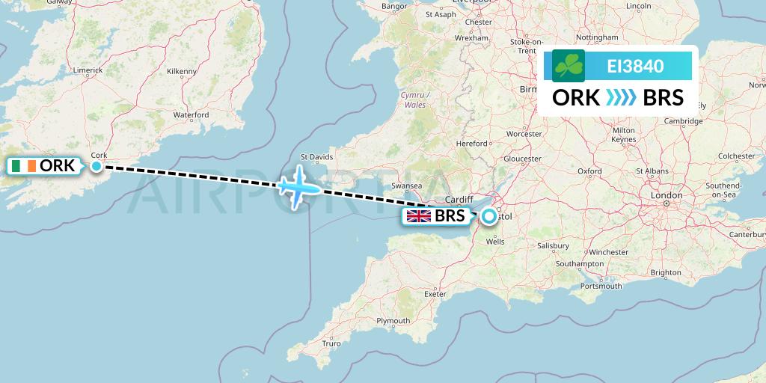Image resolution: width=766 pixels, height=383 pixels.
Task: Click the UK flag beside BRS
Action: click(x=418, y=217)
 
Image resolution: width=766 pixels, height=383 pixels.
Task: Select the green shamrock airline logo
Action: click(x=569, y=66)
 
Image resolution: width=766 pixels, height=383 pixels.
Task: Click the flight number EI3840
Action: click(x=635, y=66)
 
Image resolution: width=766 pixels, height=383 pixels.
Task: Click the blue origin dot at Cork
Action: click(x=96, y=166)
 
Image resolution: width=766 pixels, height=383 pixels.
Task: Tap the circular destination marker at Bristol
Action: click(x=488, y=217)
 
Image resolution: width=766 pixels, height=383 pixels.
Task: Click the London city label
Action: click(x=667, y=195)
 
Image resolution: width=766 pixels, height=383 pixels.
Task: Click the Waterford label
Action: click(x=191, y=115)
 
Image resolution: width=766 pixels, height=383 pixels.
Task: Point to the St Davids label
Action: click(x=316, y=157)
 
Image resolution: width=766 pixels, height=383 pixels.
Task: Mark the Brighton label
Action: click(x=666, y=273)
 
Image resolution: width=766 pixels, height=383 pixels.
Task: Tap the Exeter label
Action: click(x=435, y=294)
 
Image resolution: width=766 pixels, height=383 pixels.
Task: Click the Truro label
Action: click(x=331, y=343)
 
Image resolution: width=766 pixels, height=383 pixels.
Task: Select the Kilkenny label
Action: click(x=181, y=71)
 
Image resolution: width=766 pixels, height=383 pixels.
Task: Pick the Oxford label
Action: click(x=589, y=171)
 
